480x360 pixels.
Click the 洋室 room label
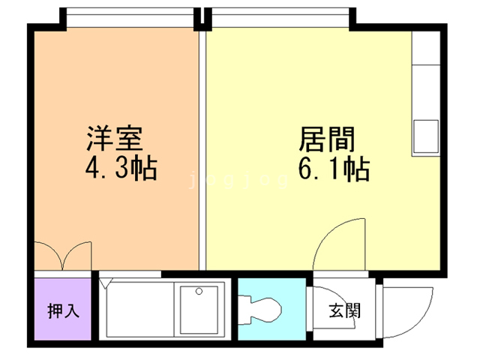click(115, 140)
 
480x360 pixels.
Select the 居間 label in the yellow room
click(325, 140)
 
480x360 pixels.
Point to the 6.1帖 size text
click(334, 169)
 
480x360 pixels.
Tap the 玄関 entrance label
click(344, 310)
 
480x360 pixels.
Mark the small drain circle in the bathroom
click(199, 291)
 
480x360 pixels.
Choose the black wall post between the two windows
click(200, 18)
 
